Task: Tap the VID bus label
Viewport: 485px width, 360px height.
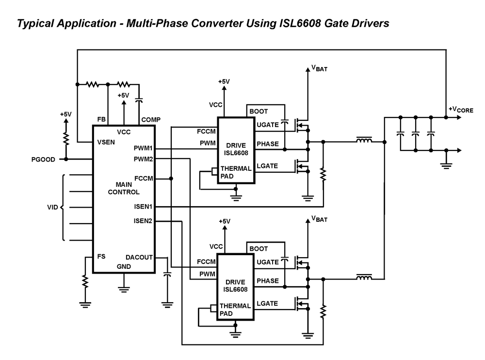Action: tap(52, 207)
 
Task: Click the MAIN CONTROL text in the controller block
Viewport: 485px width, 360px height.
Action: tap(124, 188)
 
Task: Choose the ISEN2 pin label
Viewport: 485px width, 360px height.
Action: tap(143, 222)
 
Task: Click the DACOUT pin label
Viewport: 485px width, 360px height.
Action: tap(140, 258)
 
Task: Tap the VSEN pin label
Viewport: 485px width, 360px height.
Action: tap(106, 142)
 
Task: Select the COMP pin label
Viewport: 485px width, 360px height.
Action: tap(150, 119)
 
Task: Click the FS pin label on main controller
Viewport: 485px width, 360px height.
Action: tap(101, 256)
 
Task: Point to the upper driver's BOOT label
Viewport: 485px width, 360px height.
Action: tap(259, 112)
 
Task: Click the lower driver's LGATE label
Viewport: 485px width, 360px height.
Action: tap(267, 303)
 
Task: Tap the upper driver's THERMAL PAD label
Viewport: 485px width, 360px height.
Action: tap(236, 172)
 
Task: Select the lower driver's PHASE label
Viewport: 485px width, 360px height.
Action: tap(267, 281)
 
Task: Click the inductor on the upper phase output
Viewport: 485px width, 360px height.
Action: tap(364, 141)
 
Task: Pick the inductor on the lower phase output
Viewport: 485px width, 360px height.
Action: tap(364, 278)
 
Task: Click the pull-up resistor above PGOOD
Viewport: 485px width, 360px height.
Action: tap(66, 138)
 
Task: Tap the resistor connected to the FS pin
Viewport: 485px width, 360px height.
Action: tap(85, 281)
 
